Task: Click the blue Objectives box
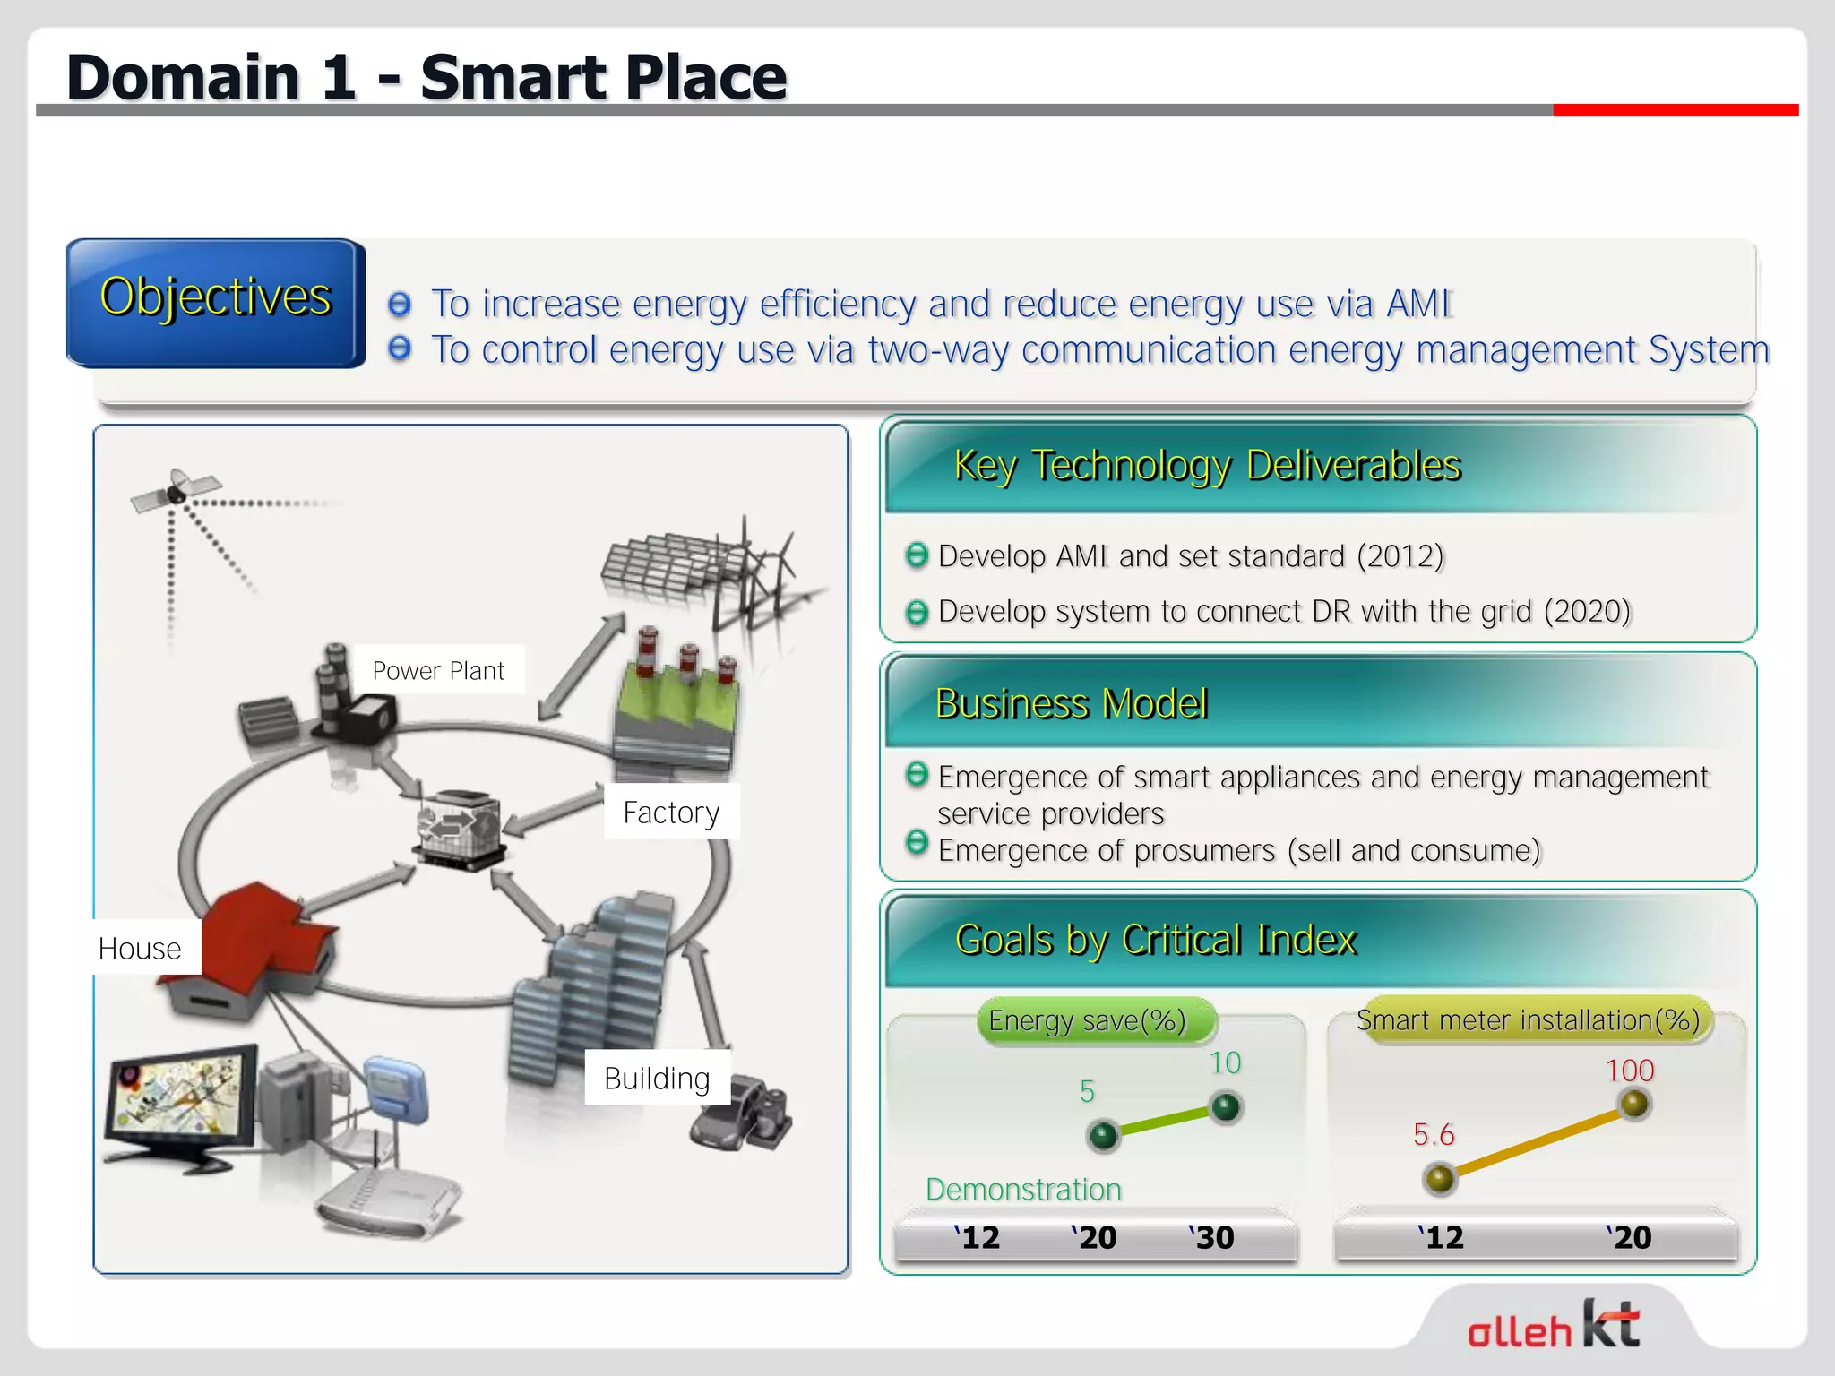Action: (x=215, y=302)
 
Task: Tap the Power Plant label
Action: (x=438, y=670)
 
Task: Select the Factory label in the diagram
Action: (x=671, y=812)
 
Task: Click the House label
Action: (x=141, y=948)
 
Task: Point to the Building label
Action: (x=657, y=1078)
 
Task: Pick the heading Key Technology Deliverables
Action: (x=1207, y=466)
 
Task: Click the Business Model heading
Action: (x=1072, y=703)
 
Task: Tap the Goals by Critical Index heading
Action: (x=1156, y=940)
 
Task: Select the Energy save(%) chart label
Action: (x=1087, y=1020)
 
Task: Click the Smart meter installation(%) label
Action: (x=1528, y=1020)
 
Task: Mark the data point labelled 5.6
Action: (x=1439, y=1178)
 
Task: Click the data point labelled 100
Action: (x=1634, y=1104)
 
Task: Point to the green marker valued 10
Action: (x=1225, y=1107)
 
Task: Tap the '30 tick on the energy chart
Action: (x=1212, y=1237)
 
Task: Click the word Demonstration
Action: (x=1023, y=1190)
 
